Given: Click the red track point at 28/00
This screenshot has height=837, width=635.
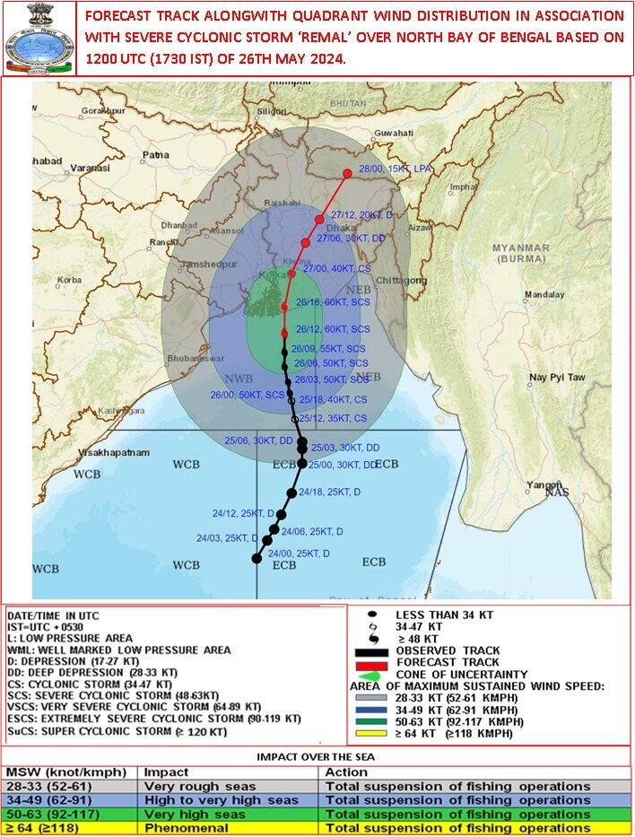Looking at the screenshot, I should [x=348, y=174].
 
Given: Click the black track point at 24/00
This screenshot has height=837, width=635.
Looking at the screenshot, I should [x=257, y=558].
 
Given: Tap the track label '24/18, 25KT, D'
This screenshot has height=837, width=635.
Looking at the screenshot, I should [x=330, y=492].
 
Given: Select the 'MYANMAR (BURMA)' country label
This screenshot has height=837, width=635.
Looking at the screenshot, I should [x=520, y=253].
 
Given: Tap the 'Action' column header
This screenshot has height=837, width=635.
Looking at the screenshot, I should [x=345, y=771].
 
